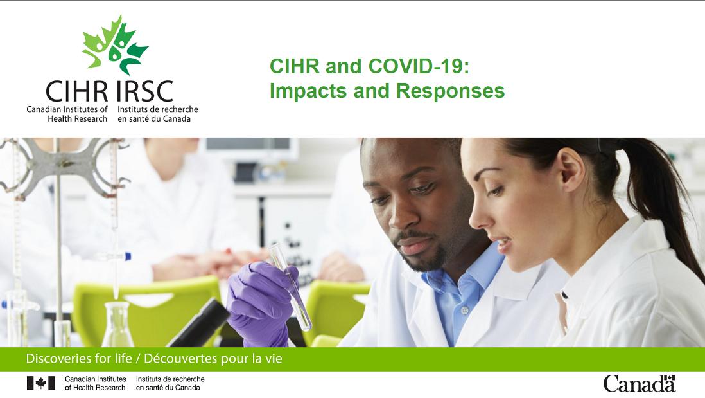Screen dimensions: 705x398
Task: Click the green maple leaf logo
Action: pos(115,45)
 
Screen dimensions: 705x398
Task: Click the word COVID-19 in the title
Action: pos(419,66)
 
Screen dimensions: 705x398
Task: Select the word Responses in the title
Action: pos(450,91)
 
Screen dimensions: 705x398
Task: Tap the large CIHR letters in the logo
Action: pos(77,92)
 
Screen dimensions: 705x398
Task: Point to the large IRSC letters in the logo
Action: pos(144,92)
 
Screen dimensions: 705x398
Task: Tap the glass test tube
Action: pos(290,286)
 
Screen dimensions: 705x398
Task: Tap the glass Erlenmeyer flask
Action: pos(117,324)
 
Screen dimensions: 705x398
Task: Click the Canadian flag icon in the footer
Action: pos(41,383)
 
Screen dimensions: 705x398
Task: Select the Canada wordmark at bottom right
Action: pos(640,384)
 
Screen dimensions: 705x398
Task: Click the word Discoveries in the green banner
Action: pos(57,359)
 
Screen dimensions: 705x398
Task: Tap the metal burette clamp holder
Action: pos(63,167)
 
